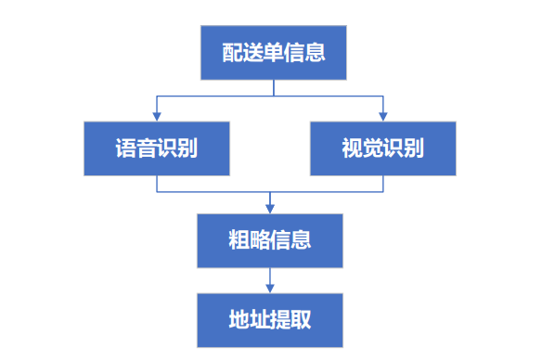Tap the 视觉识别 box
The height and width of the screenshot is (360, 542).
pyautogui.click(x=382, y=148)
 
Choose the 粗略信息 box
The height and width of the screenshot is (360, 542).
pyautogui.click(x=270, y=240)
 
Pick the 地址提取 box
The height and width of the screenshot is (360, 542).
pyautogui.click(x=270, y=320)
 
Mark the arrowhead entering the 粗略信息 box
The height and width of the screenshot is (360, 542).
pyautogui.click(x=270, y=209)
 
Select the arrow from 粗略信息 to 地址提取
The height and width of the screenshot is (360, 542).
pyautogui.click(x=270, y=280)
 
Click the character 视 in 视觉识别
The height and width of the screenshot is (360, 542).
pyautogui.click(x=352, y=148)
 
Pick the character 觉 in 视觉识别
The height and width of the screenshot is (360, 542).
pyautogui.click(x=372, y=148)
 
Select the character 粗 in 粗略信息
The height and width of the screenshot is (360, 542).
pyautogui.click(x=239, y=240)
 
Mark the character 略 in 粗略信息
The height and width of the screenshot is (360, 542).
pyautogui.click(x=260, y=240)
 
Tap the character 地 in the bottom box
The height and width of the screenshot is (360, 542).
pyautogui.click(x=239, y=320)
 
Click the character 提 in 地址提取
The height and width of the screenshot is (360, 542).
pyautogui.click(x=280, y=320)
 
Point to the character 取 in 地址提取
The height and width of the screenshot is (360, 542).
pyautogui.click(x=301, y=320)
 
